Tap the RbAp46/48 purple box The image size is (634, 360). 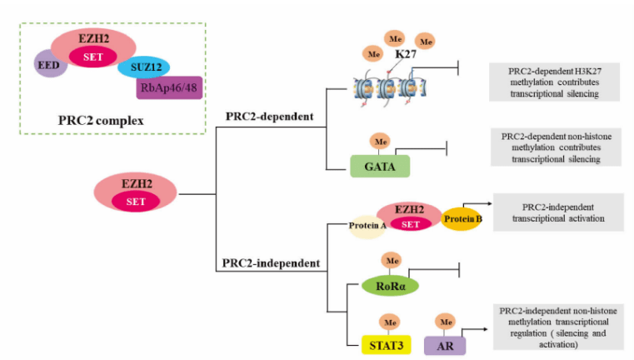pyautogui.click(x=169, y=87)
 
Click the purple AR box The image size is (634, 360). pyautogui.click(x=444, y=342)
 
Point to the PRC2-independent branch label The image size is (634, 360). pyautogui.click(x=271, y=263)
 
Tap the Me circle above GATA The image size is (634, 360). pyautogui.click(x=382, y=141)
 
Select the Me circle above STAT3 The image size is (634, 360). pyautogui.click(x=388, y=320)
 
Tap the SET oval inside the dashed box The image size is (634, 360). pyautogui.click(x=92, y=56)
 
